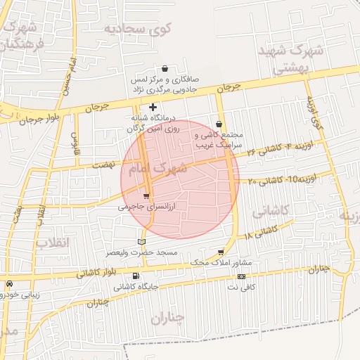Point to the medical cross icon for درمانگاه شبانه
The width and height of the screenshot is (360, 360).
153,107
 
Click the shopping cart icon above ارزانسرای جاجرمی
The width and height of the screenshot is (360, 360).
146,196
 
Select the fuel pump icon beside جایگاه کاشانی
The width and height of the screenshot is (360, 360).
136,276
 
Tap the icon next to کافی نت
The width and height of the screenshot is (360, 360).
242,276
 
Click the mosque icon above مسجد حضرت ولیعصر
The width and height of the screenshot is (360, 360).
141,243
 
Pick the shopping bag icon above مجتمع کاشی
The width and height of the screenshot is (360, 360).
219,124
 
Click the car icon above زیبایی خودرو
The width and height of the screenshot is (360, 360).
9,284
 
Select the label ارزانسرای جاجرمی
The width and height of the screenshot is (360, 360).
140,207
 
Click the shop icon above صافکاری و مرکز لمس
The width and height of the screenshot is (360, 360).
165,69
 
